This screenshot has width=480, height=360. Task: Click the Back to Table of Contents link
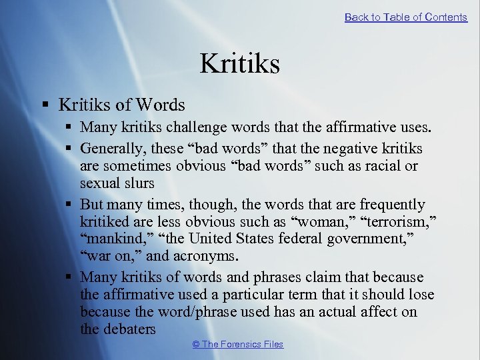(x=405, y=17)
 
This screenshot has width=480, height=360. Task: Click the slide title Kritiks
(x=239, y=64)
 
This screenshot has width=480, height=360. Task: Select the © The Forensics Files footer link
(x=237, y=344)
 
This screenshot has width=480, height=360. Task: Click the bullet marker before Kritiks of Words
(x=45, y=105)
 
